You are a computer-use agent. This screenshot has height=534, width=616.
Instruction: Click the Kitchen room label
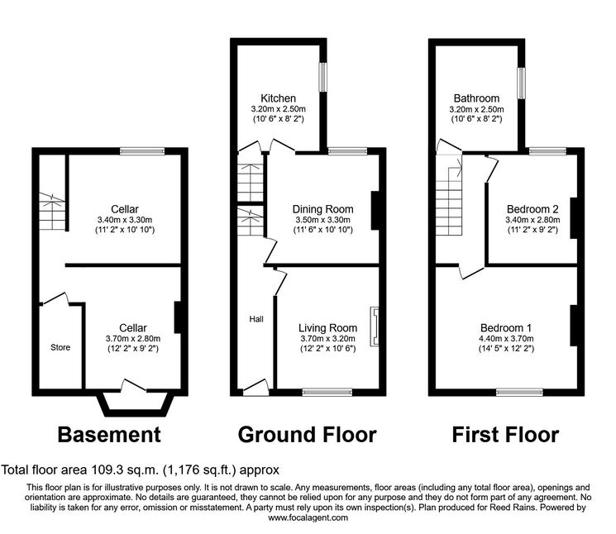[278, 98]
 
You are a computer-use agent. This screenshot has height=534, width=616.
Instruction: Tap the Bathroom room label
[476, 98]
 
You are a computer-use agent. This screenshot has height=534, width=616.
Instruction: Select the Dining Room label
[323, 209]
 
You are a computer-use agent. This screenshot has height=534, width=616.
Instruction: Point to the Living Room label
[327, 328]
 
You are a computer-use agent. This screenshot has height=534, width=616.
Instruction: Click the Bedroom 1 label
[506, 328]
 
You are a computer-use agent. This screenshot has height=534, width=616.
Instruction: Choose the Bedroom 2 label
[532, 209]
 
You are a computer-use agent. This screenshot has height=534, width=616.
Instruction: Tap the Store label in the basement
[60, 347]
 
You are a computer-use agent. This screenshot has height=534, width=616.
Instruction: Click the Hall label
[256, 319]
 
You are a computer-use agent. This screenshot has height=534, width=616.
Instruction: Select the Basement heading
[109, 435]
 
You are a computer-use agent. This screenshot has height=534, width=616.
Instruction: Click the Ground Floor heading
[308, 435]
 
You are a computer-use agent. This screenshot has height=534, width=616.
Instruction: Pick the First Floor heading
[505, 435]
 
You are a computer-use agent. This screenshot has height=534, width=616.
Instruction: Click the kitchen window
[322, 77]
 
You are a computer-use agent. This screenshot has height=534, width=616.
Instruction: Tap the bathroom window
[521, 83]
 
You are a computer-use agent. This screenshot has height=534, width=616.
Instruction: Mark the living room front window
[327, 392]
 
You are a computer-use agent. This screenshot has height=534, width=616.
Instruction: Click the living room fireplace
[375, 327]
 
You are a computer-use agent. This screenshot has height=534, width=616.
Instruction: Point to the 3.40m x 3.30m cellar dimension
[125, 220]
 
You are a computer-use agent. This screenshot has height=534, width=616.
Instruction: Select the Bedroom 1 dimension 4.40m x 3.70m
[506, 338]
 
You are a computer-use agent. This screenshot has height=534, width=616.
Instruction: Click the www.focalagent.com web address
[308, 517]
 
